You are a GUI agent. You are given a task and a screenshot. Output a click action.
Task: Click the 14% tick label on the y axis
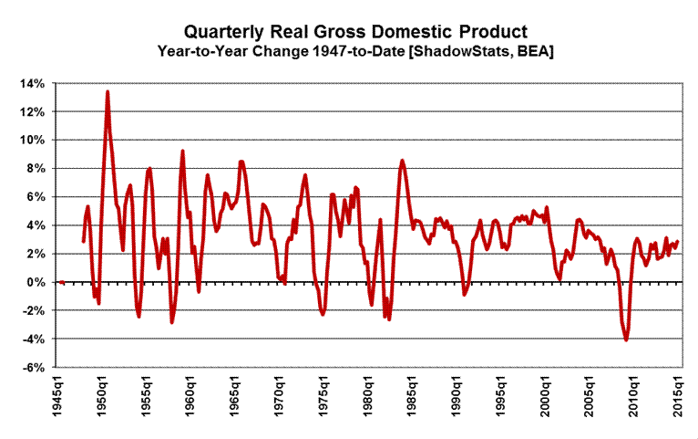(x=32, y=83)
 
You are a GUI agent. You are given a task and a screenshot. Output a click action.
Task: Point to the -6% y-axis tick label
(x=32, y=368)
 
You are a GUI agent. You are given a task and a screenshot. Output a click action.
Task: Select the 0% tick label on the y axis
(x=35, y=282)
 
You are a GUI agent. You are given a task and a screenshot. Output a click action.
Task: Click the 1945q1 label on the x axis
(x=59, y=400)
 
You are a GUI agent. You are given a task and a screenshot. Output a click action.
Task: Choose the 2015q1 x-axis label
(x=680, y=400)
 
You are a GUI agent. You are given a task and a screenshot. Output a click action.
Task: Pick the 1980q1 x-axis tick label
(x=369, y=400)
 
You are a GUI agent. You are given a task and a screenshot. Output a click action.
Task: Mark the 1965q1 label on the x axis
(x=236, y=400)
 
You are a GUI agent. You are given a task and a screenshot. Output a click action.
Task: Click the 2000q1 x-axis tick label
(x=547, y=400)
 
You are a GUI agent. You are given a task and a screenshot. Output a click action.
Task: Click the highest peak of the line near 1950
(x=108, y=91)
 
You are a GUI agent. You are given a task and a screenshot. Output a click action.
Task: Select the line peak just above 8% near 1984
(x=402, y=161)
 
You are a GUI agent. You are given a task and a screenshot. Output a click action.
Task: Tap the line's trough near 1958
(x=171, y=322)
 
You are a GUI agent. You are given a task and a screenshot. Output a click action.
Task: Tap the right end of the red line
(x=678, y=242)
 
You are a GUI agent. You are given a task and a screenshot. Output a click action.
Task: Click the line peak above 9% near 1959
(x=182, y=151)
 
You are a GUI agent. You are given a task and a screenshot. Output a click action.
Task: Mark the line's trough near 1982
(x=389, y=319)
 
